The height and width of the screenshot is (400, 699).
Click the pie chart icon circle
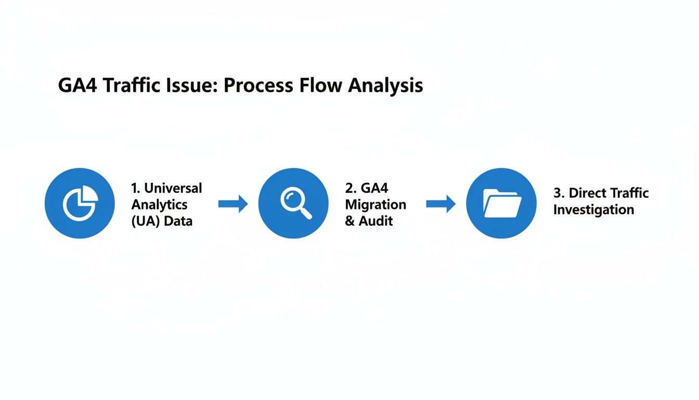(x=80, y=203)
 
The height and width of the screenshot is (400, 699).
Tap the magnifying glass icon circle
(x=293, y=203)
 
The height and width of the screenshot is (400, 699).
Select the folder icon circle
(x=501, y=203)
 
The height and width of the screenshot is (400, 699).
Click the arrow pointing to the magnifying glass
(x=233, y=204)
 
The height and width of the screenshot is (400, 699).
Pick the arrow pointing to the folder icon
(x=441, y=204)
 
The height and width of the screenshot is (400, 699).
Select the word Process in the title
(x=257, y=86)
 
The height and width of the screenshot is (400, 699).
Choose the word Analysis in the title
(x=385, y=86)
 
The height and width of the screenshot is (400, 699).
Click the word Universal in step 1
(x=173, y=188)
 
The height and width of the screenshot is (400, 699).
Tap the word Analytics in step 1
(x=159, y=204)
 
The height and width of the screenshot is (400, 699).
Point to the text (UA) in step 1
(x=146, y=221)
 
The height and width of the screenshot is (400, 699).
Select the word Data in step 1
(x=178, y=221)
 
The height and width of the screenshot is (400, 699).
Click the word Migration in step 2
(x=376, y=204)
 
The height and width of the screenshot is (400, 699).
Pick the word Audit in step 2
(x=376, y=221)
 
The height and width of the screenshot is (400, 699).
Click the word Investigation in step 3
(x=593, y=210)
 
